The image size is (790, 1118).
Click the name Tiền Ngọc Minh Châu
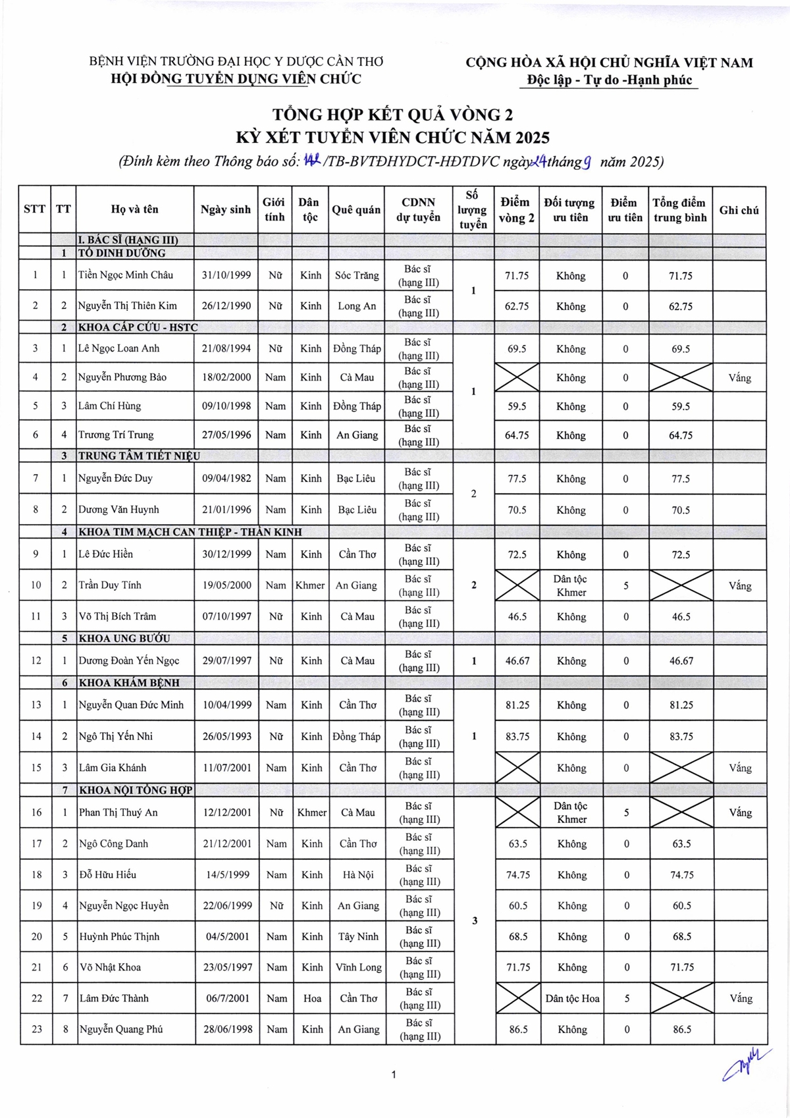pyautogui.click(x=126, y=275)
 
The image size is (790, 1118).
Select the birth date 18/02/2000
pyautogui.click(x=226, y=377)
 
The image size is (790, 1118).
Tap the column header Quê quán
pyautogui.click(x=356, y=209)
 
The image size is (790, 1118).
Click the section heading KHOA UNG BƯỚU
pyautogui.click(x=124, y=638)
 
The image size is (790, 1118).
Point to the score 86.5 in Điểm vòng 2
pyautogui.click(x=518, y=1030)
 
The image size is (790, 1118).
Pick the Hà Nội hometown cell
pyautogui.click(x=358, y=874)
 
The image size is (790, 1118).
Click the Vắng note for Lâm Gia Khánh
pyautogui.click(x=740, y=768)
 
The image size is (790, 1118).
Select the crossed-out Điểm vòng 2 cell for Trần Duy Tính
pyautogui.click(x=517, y=585)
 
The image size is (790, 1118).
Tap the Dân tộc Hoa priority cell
pyautogui.click(x=572, y=998)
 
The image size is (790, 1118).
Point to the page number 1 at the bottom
pyautogui.click(x=394, y=1075)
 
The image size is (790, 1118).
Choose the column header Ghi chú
pyautogui.click(x=739, y=210)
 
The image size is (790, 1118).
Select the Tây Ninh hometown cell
pyautogui.click(x=358, y=936)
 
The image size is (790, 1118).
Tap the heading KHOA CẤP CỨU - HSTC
pyautogui.click(x=138, y=327)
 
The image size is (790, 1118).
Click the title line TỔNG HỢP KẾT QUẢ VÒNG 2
pyautogui.click(x=393, y=115)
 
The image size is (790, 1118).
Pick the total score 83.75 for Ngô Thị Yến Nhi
pyautogui.click(x=681, y=736)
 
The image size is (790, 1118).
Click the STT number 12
pyautogui.click(x=36, y=660)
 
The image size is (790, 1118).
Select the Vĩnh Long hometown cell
pyautogui.click(x=358, y=967)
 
